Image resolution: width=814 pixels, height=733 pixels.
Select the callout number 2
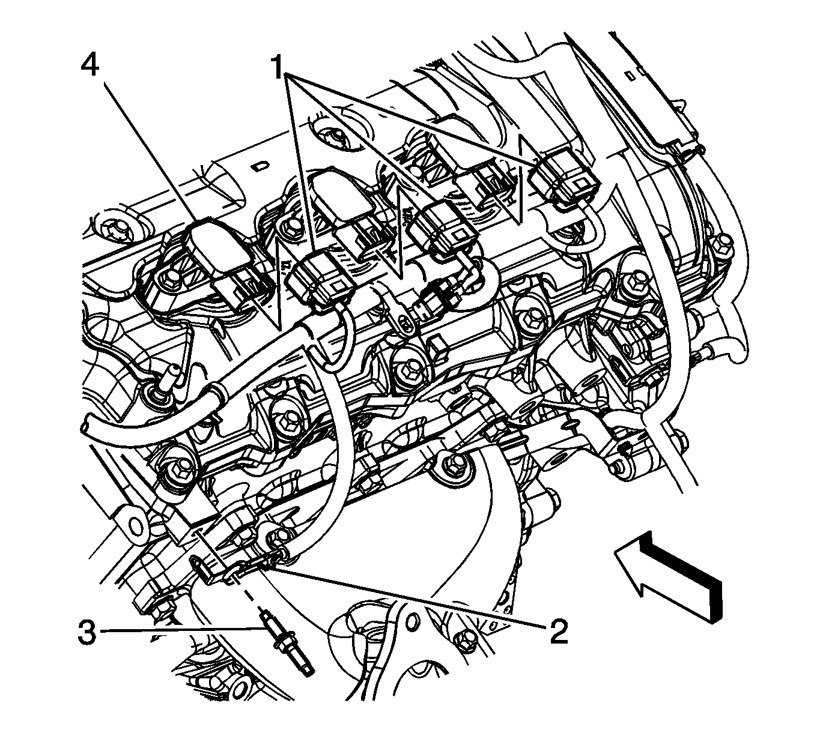point(557,632)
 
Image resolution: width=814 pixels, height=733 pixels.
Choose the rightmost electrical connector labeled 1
point(563,175)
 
